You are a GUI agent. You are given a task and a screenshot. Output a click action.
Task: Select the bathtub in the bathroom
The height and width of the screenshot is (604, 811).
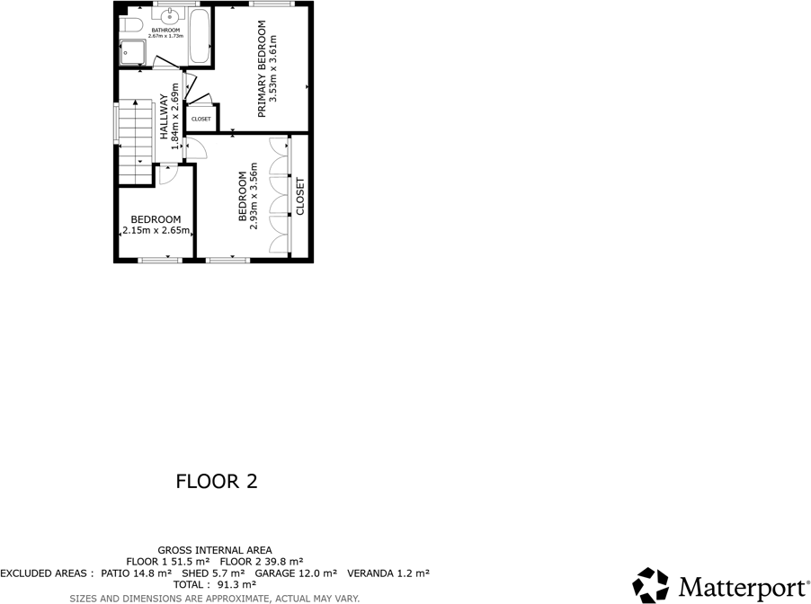point(200,36)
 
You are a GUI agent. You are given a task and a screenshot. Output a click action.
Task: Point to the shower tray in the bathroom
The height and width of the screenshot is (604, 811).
point(134,53)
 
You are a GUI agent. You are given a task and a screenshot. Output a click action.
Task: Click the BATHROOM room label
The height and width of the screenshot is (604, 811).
point(165,31)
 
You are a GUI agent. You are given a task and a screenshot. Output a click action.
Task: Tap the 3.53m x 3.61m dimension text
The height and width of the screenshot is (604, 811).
point(275,71)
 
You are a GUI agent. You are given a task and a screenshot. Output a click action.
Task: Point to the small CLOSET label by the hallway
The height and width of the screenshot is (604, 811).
point(201,119)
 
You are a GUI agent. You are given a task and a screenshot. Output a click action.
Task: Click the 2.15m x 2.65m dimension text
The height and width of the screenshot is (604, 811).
point(156,230)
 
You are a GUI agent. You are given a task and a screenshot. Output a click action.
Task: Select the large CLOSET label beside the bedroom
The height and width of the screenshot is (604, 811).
point(300,196)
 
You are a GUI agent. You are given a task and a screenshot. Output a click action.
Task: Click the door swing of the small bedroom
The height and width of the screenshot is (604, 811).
point(167,175)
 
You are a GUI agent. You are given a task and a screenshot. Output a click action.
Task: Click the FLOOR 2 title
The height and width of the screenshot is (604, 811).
point(217,481)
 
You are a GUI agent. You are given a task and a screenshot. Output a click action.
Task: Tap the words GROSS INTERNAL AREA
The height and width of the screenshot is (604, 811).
point(215,550)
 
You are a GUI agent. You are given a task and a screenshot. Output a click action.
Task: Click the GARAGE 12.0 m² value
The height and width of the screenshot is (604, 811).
point(296,573)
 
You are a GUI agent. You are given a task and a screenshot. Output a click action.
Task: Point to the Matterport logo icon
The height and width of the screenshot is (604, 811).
point(651,585)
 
